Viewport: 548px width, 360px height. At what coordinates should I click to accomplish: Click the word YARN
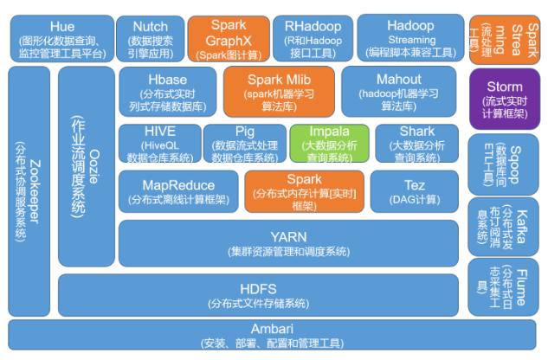(x=288, y=235)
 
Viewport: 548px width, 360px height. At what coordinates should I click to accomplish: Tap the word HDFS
(x=258, y=288)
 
